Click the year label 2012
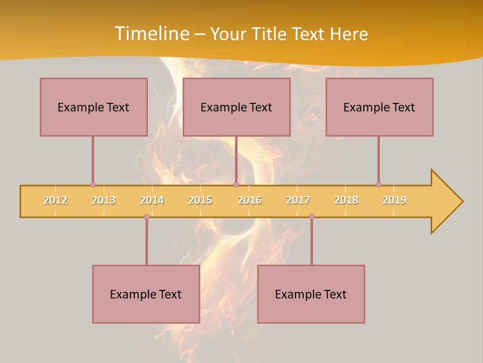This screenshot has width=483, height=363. [55, 200]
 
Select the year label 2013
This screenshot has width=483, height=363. [104, 200]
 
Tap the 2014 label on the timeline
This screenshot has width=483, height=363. [152, 200]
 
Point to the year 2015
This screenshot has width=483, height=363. [200, 200]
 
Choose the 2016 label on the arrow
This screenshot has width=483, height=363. [250, 200]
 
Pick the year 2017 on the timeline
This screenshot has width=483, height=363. [298, 200]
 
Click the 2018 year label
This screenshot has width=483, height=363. [346, 200]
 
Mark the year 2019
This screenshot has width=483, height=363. [394, 200]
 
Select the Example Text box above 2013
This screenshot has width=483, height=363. [94, 107]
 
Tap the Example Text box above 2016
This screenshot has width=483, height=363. [236, 107]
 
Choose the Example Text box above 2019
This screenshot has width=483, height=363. [379, 107]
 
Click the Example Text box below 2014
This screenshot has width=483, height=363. [146, 294]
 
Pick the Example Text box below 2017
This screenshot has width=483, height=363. [311, 294]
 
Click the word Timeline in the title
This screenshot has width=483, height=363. [152, 34]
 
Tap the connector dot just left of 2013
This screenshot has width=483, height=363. [93, 185]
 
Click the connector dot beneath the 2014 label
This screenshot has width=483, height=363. [146, 217]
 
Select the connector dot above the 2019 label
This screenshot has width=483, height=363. [378, 185]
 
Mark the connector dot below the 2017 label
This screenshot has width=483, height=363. [311, 217]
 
